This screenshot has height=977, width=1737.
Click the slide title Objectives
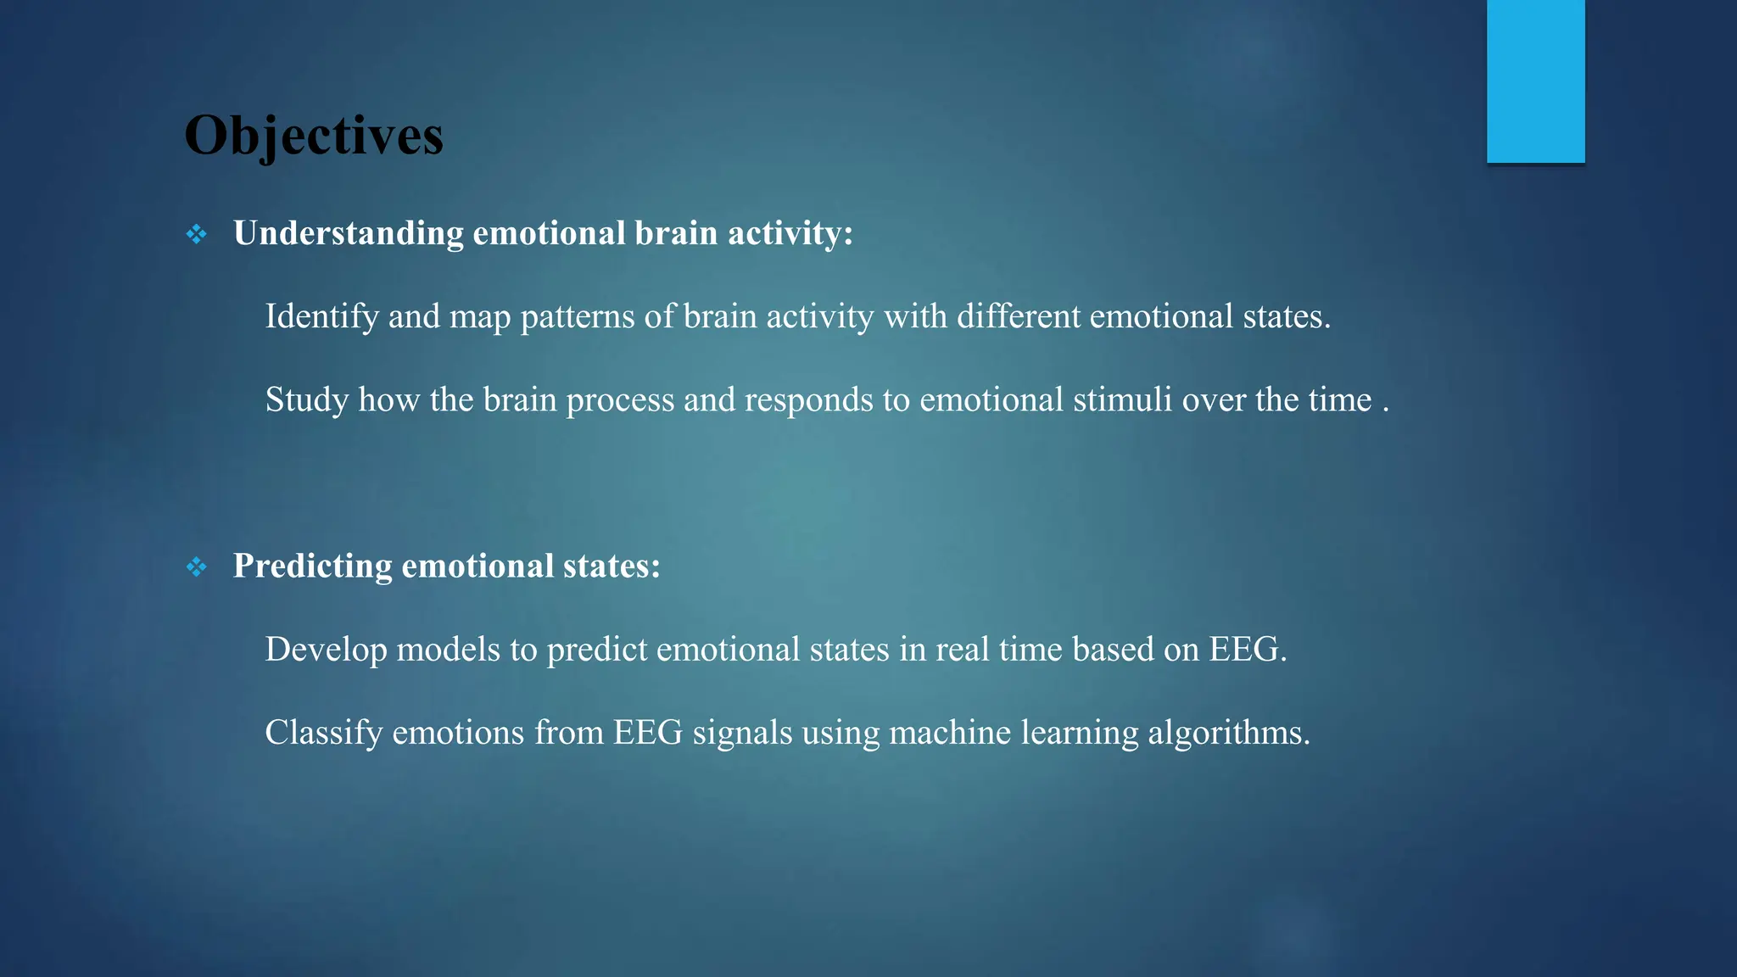[313, 136]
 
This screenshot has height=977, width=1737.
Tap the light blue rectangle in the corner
[1535, 81]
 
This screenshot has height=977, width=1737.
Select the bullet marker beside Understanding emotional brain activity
[196, 234]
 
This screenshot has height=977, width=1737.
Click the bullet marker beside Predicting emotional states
[196, 567]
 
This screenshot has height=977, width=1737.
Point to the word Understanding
[348, 233]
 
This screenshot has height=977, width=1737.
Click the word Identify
[321, 316]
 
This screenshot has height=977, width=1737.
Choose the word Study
[306, 399]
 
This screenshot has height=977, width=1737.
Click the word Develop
[326, 649]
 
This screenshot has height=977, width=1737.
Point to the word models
[448, 649]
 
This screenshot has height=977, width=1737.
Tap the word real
[962, 649]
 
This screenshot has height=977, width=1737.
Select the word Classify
[323, 732]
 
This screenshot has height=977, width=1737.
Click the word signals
[742, 732]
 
